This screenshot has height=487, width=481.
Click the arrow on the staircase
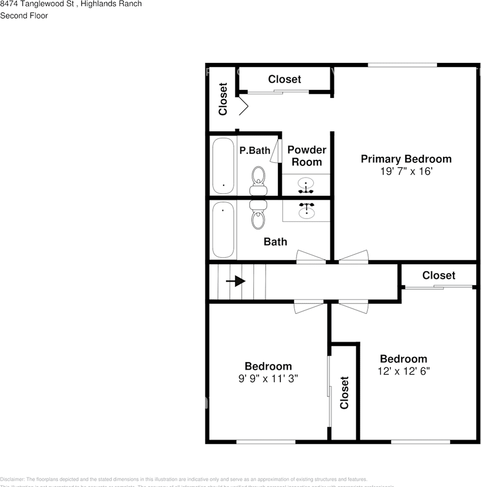(x=236, y=281)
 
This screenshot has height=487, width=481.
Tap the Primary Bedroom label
(x=406, y=159)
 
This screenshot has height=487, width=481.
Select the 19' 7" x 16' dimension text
(x=406, y=171)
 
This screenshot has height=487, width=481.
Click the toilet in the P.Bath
(x=258, y=180)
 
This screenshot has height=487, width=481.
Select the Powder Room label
(x=307, y=156)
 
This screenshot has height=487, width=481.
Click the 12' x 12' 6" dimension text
(x=403, y=371)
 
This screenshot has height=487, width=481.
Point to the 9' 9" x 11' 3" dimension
(x=268, y=378)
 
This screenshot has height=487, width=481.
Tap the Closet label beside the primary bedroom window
(x=284, y=79)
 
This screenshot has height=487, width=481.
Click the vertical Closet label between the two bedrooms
(x=345, y=392)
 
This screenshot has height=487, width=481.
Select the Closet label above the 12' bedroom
(x=438, y=275)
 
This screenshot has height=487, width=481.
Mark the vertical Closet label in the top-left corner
(x=223, y=99)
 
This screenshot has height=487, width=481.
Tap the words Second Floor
(x=24, y=16)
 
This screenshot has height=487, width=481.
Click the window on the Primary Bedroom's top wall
(x=402, y=65)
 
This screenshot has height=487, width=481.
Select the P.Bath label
(x=254, y=151)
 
